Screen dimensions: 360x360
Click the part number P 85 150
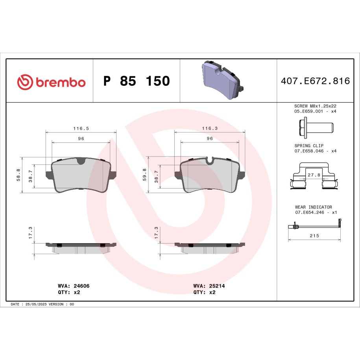[x=137, y=81]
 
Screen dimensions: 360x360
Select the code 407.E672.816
[x=315, y=81]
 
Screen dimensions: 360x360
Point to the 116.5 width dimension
[x=81, y=128]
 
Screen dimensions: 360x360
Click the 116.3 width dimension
[x=210, y=128]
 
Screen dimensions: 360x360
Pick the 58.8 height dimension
[x=18, y=175]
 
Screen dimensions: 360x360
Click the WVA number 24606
[x=81, y=286]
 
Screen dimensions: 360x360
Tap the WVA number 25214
[x=217, y=286]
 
